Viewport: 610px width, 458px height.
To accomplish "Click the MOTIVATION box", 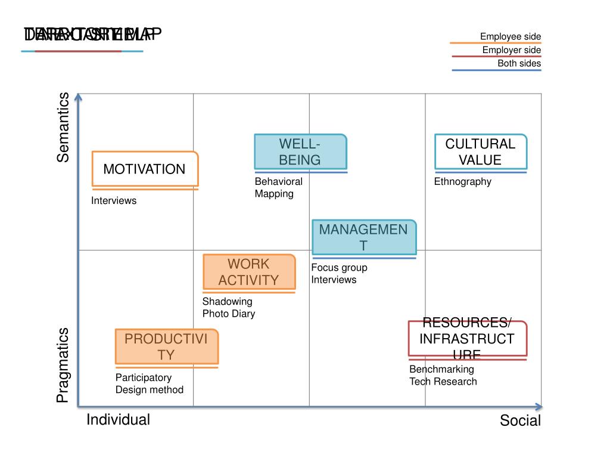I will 145,169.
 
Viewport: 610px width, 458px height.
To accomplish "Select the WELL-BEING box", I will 300,151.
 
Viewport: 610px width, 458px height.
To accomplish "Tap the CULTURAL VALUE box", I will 480,151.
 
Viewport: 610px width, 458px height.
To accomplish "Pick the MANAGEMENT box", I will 363,237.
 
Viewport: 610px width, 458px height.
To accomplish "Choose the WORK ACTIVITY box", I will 248,272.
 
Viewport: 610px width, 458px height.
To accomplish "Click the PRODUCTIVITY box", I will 166,346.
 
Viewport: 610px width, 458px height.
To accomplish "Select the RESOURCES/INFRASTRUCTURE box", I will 467,339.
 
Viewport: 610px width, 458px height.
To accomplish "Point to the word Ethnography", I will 462,182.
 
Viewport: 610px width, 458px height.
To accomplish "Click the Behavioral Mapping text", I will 278,188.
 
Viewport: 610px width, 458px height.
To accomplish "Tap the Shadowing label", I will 227,301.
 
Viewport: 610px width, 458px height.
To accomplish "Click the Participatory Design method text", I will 149,383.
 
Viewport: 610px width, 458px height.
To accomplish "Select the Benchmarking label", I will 441,369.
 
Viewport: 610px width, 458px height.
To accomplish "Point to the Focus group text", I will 339,268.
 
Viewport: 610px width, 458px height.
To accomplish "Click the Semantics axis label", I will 63,127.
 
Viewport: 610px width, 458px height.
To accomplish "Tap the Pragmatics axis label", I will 63,364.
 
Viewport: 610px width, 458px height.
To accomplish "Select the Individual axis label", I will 118,420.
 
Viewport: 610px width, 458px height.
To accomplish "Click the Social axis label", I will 520,421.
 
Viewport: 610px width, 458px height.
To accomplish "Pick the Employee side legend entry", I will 511,37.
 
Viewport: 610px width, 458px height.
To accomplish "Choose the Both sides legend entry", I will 519,64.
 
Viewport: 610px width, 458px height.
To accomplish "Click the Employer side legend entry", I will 511,50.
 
